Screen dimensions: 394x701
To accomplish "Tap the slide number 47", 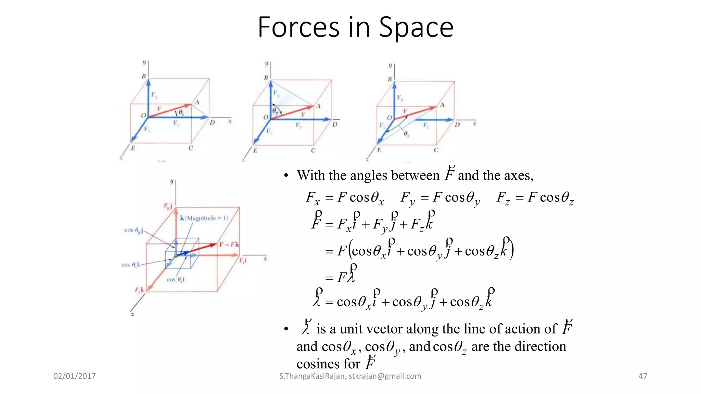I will (643, 376).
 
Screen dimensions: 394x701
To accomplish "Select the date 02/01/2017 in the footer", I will (75, 376).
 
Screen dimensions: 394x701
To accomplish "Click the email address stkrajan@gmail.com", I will (385, 376).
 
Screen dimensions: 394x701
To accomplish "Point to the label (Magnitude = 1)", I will (206, 218).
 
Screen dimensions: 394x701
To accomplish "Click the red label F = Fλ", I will (229, 245).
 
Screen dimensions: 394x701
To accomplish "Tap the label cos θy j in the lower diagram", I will (133, 231).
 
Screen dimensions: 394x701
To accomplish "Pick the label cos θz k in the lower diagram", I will (131, 265).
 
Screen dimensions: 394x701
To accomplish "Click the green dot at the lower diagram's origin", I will (176, 255).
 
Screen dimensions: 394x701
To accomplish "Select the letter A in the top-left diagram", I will (197, 102).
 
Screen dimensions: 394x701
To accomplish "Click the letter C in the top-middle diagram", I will (313, 150).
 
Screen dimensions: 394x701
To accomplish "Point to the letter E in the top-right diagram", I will (379, 150).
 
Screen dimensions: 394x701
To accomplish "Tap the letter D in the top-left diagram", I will (212, 122).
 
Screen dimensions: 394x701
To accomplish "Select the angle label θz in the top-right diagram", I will (406, 134).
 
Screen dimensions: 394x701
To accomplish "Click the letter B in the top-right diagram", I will (390, 79).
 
